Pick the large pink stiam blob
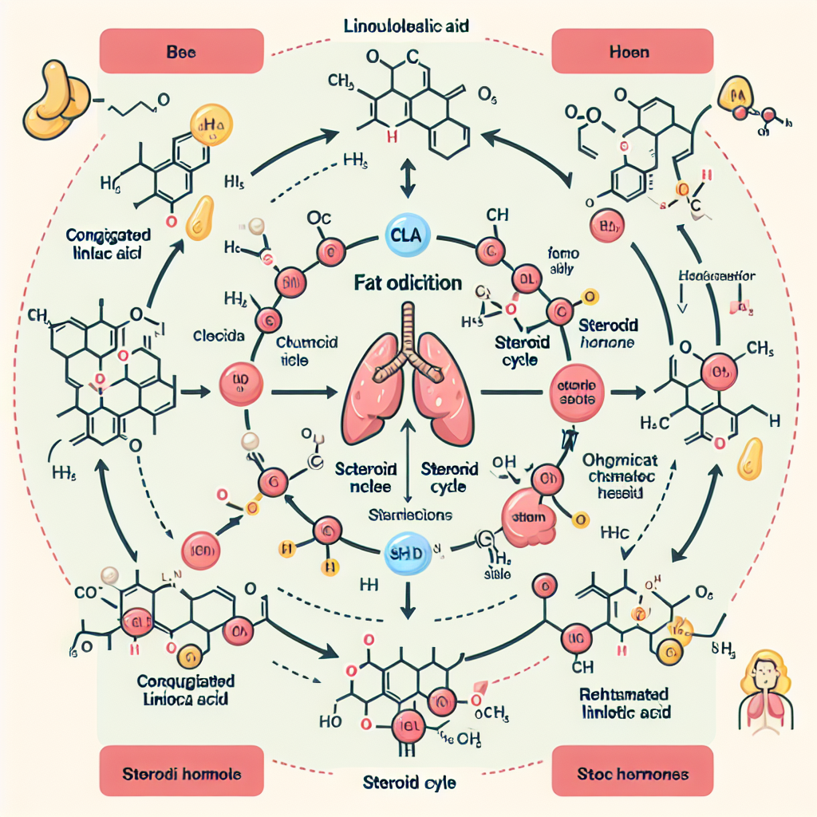coord(526,517)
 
